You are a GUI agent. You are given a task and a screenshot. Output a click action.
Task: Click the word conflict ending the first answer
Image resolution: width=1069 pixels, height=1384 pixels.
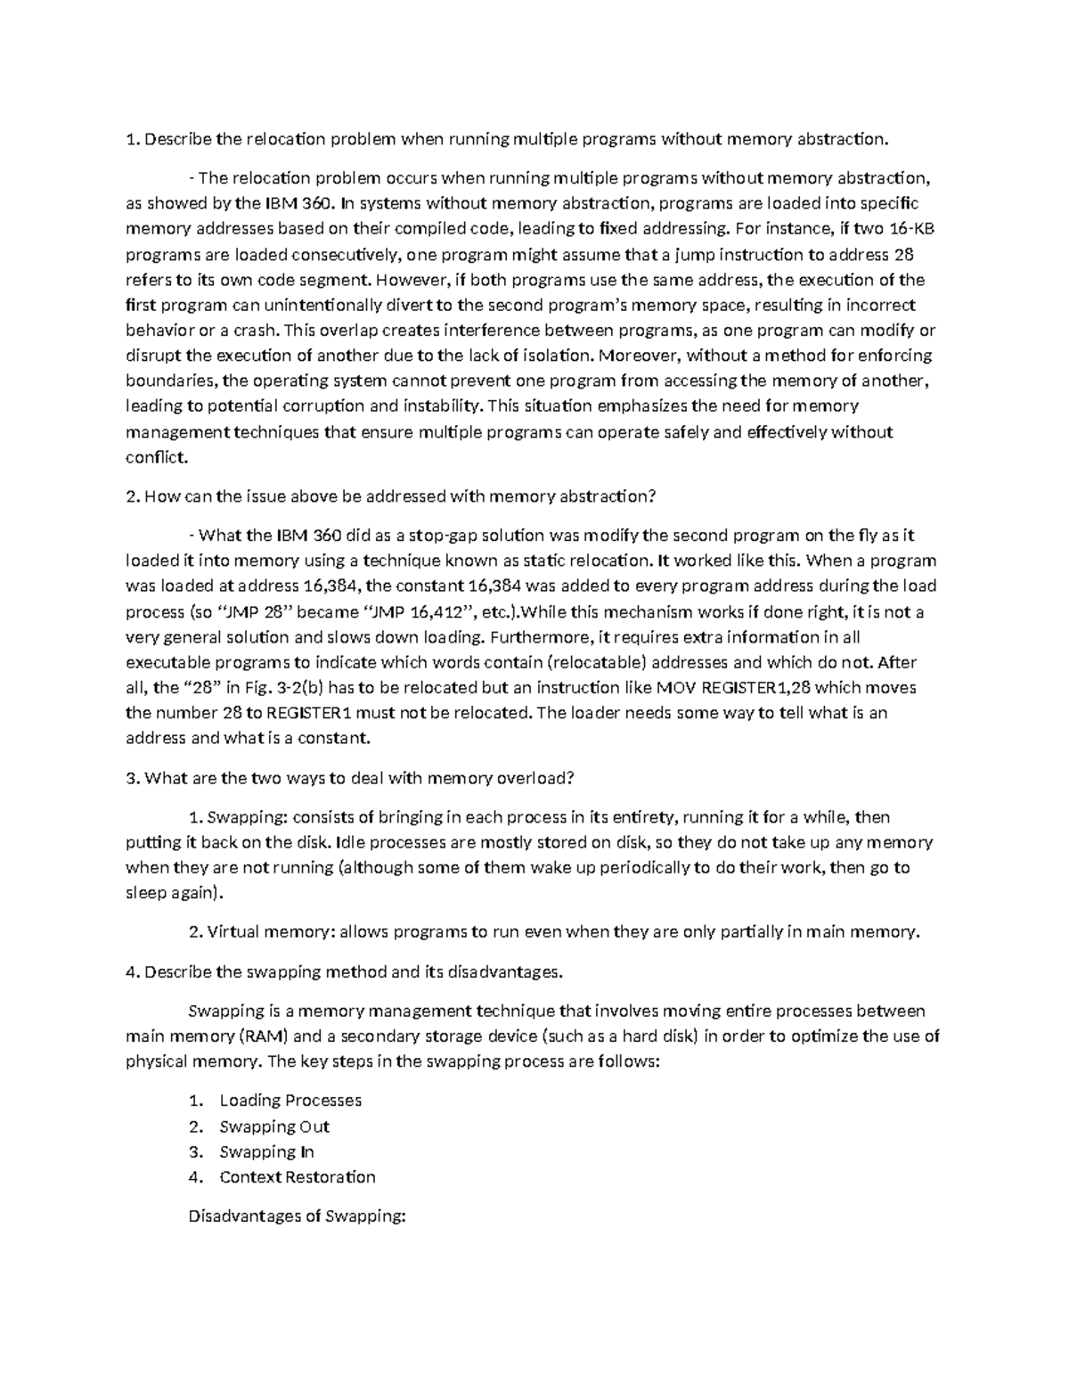point(157,457)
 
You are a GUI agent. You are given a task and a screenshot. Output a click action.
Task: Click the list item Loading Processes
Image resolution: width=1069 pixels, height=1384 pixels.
point(290,1101)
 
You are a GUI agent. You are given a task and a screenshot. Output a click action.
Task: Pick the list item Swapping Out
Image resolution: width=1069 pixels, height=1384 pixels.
point(274,1126)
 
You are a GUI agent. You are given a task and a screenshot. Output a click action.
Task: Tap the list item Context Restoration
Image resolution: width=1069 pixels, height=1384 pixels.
point(298,1177)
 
